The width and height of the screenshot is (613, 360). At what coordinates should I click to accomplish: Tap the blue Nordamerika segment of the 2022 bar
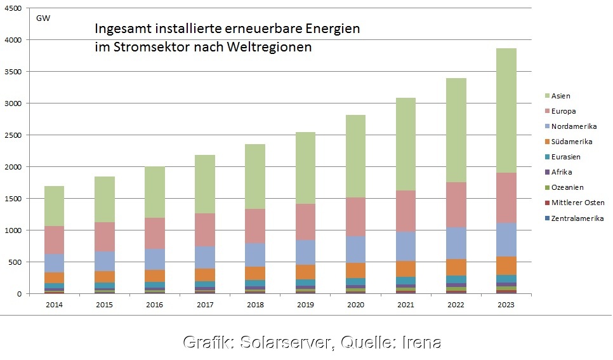coord(456,243)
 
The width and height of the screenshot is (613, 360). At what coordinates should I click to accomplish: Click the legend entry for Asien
coord(561,96)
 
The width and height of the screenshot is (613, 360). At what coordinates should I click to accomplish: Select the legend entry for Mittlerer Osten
coord(577,203)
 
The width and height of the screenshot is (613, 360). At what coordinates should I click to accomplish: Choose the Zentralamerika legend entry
coord(577,218)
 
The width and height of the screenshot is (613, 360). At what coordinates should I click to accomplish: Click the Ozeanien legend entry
coord(567,187)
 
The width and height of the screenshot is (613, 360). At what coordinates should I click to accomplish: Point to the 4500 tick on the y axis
coord(13,8)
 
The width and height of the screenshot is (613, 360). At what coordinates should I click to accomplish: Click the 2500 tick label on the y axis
coord(13,135)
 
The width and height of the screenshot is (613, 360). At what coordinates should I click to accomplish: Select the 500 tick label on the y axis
coord(16,262)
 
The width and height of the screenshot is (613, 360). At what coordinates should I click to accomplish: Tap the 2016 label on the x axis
coord(154,305)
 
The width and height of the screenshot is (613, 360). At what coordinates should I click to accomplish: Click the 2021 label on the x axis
coord(405,305)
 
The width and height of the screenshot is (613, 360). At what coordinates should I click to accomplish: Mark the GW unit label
coord(43,17)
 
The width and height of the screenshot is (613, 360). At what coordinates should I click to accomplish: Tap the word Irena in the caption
coord(421,342)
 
